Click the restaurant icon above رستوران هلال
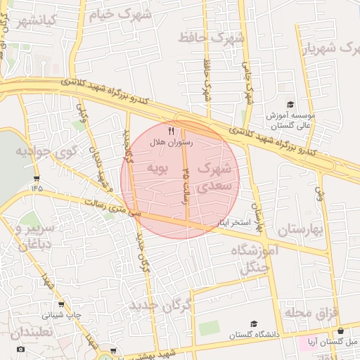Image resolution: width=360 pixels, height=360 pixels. tap(171, 131)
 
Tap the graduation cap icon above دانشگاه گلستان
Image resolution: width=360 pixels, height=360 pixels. tap(253, 324)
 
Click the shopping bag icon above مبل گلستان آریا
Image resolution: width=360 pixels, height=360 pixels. tap(341, 330)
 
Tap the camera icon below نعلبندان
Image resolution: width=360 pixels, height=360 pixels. tap(20, 349)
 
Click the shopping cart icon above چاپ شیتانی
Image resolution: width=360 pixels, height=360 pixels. tap(61, 304)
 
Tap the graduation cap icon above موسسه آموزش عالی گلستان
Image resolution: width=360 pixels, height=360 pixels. tap(290, 104)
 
